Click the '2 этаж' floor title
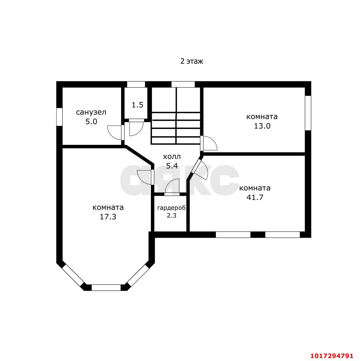click(191, 61)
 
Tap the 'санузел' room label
click(91, 112)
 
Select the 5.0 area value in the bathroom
click(91, 122)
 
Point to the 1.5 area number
click(137, 105)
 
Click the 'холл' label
click(172, 157)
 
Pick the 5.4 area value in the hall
click(172, 166)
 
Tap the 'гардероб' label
click(172, 208)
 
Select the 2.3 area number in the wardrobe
click(172, 216)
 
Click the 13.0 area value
click(262, 126)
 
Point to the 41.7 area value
click(255, 197)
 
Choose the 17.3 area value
click(108, 217)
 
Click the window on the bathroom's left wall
click(60, 117)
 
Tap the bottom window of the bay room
click(106, 287)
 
